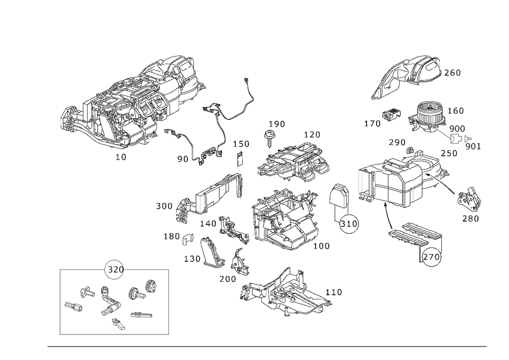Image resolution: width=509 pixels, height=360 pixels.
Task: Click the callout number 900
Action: click(457, 129)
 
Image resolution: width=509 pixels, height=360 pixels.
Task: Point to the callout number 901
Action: click(473, 147)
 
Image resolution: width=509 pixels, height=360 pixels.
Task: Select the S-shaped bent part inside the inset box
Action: click(109, 304)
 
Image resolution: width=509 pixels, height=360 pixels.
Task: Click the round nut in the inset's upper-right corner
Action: click(151, 286)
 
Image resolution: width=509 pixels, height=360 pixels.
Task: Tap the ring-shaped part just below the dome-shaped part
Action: click(349, 224)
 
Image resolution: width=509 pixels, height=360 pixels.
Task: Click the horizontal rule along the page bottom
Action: click(267, 348)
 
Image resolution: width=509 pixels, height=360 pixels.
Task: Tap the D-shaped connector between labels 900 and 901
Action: click(458, 138)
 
